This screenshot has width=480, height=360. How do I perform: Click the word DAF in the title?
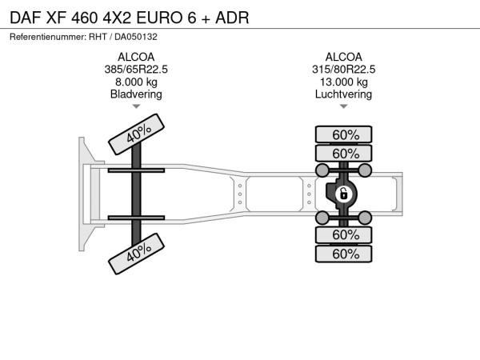(26, 18)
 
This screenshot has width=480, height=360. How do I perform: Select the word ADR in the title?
(232, 18)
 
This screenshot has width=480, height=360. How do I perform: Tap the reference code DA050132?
(136, 37)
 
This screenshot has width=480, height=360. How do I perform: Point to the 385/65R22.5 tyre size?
(136, 70)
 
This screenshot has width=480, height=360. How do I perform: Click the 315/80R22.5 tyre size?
(343, 70)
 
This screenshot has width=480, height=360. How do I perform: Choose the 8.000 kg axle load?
(136, 82)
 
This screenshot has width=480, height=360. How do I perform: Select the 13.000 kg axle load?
(344, 82)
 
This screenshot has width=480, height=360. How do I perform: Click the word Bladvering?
(136, 94)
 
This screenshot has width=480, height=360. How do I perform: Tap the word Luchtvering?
(343, 94)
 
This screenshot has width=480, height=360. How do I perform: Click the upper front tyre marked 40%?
(137, 134)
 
